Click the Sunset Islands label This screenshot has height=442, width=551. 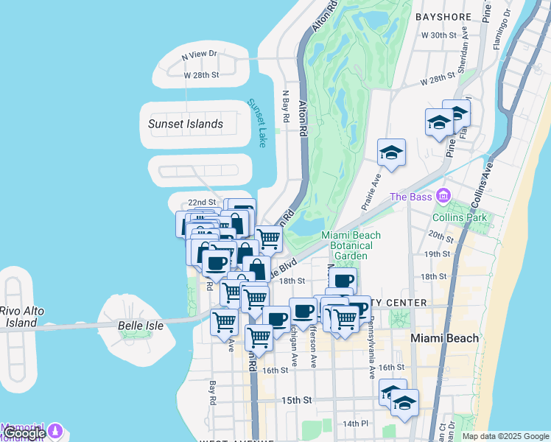tap(186, 124)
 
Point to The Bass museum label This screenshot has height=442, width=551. tap(409, 197)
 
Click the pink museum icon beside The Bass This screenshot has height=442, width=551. tap(443, 196)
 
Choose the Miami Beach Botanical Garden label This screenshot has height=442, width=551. tap(351, 245)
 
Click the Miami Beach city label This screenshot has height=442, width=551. tap(444, 338)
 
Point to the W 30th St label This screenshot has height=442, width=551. tap(439, 35)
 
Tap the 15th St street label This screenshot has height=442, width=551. tap(298, 400)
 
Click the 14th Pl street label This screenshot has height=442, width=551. tap(355, 423)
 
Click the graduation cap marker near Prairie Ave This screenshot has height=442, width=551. tap(391, 153)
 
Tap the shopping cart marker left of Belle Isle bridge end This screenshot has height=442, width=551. tap(224, 323)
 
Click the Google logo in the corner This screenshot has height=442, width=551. tap(24, 433)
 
